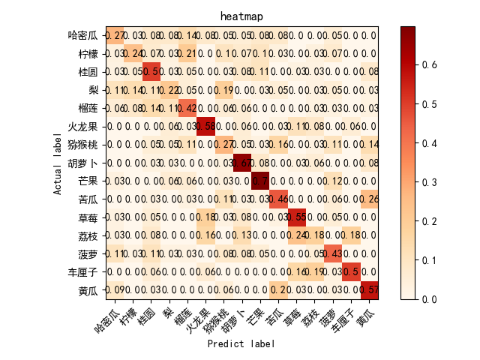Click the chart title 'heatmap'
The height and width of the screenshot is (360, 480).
[x=240, y=16]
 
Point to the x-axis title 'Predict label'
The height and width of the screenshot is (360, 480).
[x=240, y=343]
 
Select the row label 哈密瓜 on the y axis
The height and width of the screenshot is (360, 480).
[x=82, y=35]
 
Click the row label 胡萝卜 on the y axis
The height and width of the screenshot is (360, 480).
[x=82, y=163]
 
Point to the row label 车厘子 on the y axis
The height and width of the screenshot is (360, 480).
[x=82, y=272]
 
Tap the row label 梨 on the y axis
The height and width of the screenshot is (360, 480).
[x=91, y=90]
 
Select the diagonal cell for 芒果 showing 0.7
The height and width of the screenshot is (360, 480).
[x=260, y=181]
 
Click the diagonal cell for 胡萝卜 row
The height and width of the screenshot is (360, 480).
[x=242, y=163]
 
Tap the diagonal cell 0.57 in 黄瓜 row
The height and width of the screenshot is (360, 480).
[x=370, y=290]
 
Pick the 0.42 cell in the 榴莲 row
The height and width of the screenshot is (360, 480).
[x=187, y=108]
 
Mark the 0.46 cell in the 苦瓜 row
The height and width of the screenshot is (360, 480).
[x=278, y=199]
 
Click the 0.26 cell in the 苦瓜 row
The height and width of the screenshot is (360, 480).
[x=370, y=199]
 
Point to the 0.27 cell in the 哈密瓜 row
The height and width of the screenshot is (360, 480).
[x=115, y=35]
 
